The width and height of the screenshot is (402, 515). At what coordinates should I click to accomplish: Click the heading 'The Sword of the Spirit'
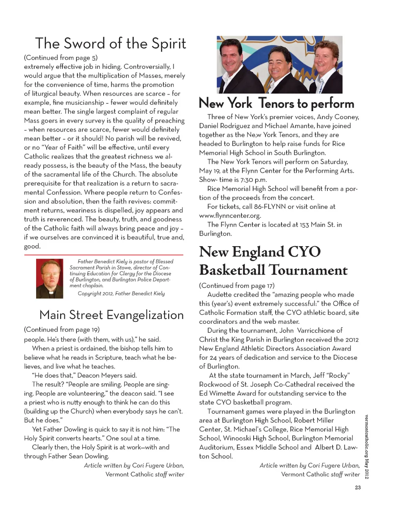pos(110,44)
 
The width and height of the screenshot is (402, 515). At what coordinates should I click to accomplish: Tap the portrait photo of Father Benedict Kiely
pos(49,278)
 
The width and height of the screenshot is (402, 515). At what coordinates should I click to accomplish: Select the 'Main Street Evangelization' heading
pos(111,315)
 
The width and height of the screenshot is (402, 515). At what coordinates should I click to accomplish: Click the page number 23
pos(358,488)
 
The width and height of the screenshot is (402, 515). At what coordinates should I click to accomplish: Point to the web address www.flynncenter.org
pos(230,216)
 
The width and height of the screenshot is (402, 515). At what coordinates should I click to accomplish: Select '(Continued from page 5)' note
pos(61,58)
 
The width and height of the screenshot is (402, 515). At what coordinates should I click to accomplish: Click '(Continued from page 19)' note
pos(62,329)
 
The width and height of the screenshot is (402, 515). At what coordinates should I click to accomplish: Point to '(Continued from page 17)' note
pos(237,285)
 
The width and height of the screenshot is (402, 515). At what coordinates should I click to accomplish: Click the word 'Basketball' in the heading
pos(232,270)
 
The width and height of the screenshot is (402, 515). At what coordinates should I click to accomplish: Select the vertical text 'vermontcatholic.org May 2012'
pos(366,446)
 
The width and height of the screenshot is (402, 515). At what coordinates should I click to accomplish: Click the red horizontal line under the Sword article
pos(104,255)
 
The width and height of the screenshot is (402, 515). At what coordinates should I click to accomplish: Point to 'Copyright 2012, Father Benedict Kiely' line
pos(121,294)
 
